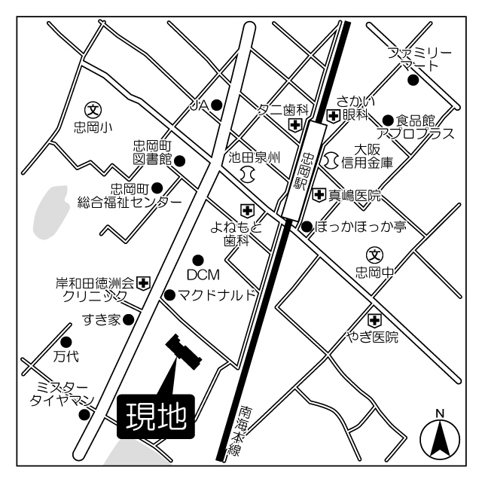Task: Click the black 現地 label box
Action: coord(156,416)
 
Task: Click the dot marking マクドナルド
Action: coord(170,294)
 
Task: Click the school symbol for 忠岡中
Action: coord(374,255)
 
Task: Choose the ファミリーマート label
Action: coord(419,59)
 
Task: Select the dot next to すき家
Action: coord(129,319)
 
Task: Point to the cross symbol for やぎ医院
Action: coord(373,319)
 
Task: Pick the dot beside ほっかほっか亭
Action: coord(307,225)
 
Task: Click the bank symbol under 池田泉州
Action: coord(247,174)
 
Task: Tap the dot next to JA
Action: coord(217,105)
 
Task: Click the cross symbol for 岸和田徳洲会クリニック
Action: coord(144,283)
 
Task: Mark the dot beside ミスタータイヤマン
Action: coord(84,413)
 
